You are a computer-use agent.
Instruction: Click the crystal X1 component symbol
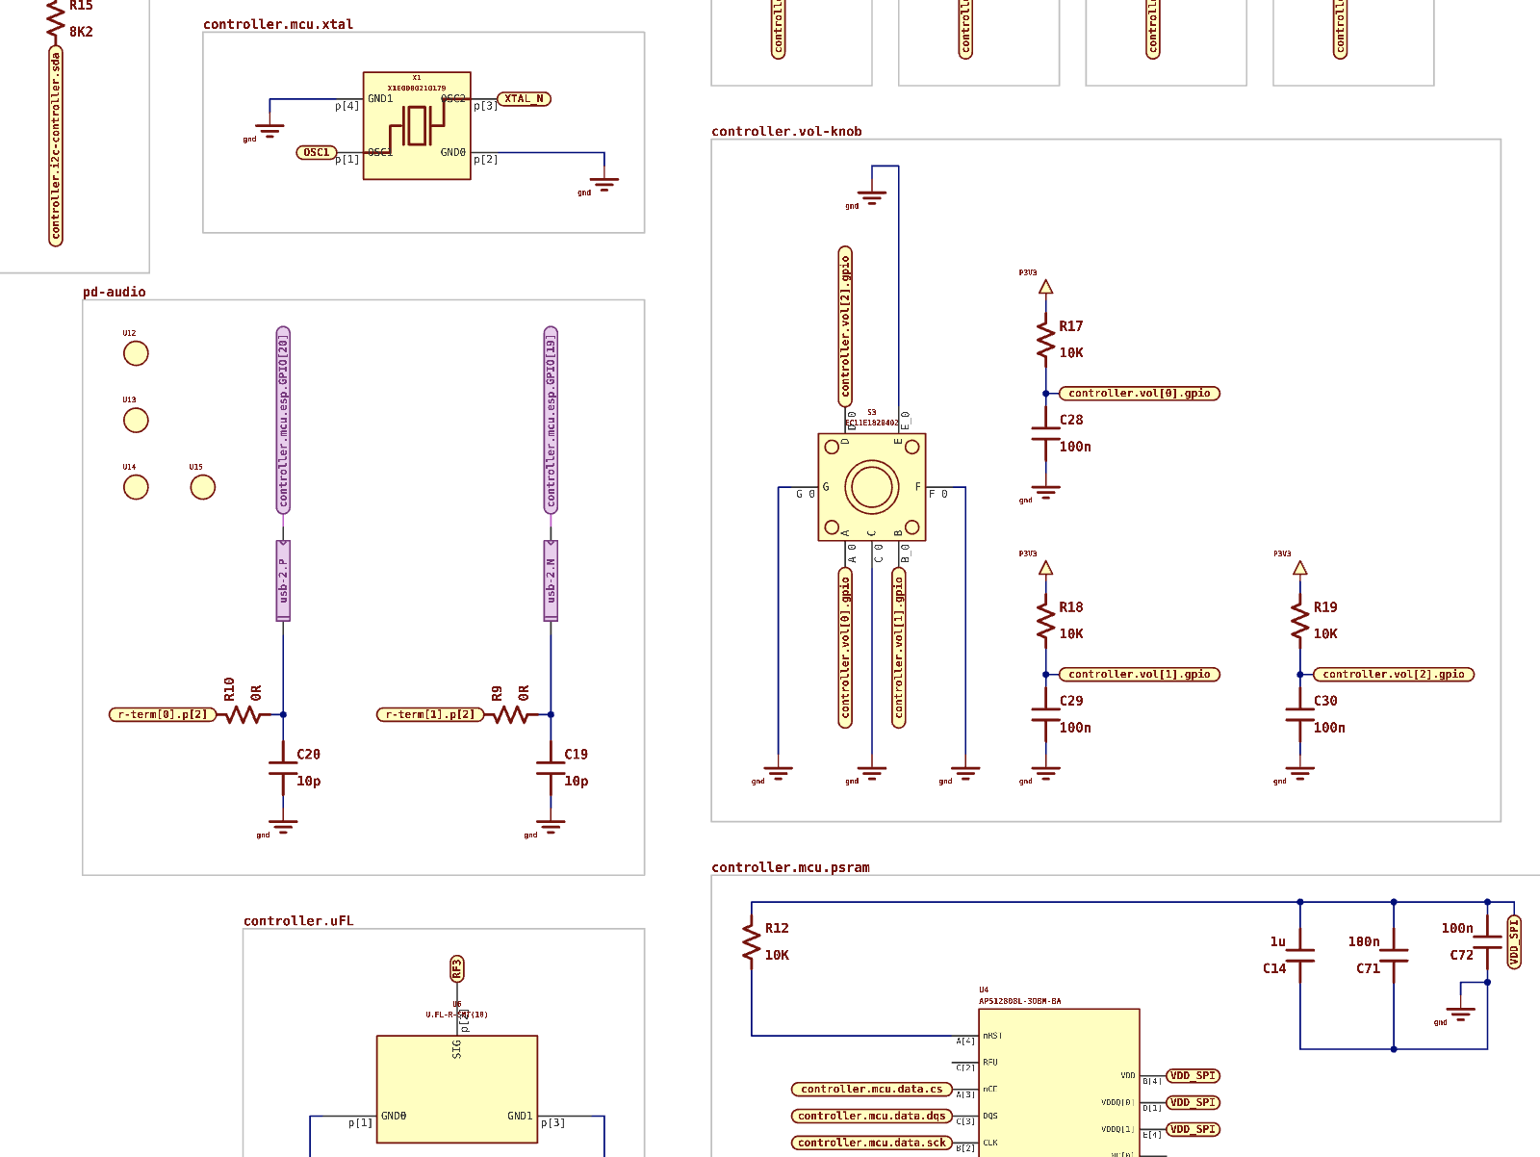click(x=417, y=125)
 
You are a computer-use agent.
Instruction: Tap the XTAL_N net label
click(x=524, y=99)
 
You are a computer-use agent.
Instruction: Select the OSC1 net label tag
click(x=317, y=152)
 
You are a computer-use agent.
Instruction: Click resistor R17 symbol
click(x=1045, y=341)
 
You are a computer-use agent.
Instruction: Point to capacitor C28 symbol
click(x=1045, y=434)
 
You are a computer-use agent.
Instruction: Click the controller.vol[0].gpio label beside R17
click(x=1139, y=393)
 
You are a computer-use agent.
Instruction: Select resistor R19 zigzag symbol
click(x=1300, y=622)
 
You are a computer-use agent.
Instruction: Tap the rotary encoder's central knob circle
click(x=872, y=487)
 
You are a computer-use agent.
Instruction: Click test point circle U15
click(x=202, y=487)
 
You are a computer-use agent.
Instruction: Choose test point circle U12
click(x=136, y=353)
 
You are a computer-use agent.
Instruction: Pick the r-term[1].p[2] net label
click(x=430, y=714)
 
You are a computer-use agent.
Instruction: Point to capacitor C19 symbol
click(x=551, y=767)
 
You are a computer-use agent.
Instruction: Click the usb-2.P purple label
click(x=283, y=580)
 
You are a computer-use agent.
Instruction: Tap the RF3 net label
click(x=457, y=968)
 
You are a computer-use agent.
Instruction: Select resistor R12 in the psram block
click(x=752, y=941)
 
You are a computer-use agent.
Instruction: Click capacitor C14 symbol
click(x=1300, y=955)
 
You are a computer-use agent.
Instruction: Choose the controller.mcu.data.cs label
click(x=871, y=1090)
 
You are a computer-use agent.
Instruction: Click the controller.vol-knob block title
click(x=786, y=132)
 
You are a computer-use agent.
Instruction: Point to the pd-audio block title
click(x=115, y=292)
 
